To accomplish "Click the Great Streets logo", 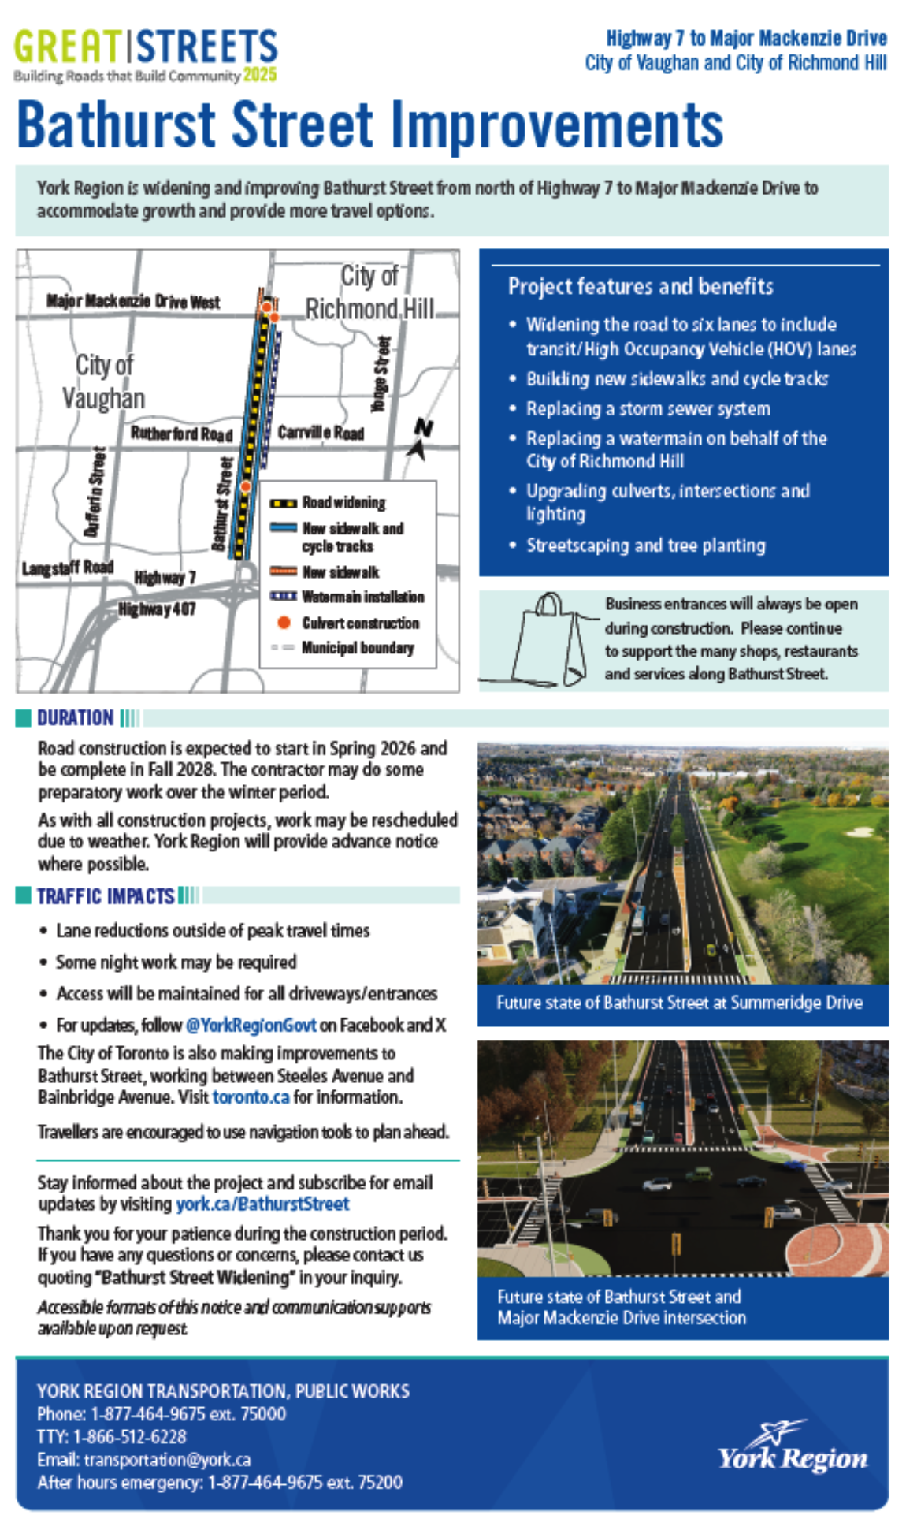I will [146, 54].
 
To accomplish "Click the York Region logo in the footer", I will [791, 1446].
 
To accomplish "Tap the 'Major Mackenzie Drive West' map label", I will [133, 301].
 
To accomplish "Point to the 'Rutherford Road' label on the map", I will [181, 434].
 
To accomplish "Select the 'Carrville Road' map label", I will [321, 433].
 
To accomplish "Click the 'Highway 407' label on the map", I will [157, 609].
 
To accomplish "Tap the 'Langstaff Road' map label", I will [68, 568].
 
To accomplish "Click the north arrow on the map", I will [419, 440].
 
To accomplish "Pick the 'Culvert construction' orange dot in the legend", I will [284, 623].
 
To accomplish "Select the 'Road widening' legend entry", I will [343, 503].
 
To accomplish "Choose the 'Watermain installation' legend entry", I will [362, 597].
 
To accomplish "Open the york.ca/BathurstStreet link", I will [262, 1204].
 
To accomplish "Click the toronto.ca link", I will [251, 1096].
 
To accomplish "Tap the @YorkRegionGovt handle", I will [251, 1025].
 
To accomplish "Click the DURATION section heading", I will [75, 717].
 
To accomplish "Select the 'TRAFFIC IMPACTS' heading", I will [106, 895].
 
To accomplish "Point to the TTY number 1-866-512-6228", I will [130, 1436].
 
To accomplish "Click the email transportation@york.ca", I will [167, 1459].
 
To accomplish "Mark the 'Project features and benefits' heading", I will [641, 286].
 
